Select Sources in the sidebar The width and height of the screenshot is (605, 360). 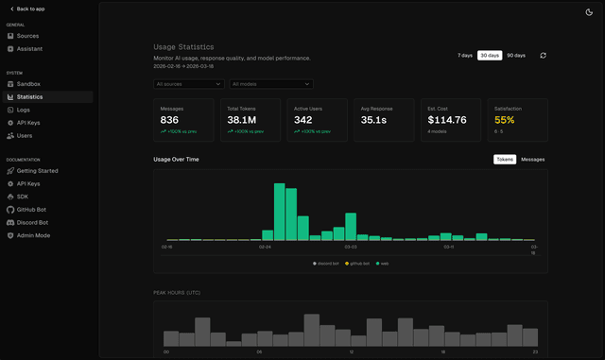pos(27,36)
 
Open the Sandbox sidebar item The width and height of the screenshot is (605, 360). pos(28,84)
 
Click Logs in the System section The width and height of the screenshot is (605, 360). pos(23,110)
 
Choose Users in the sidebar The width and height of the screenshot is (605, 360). pos(25,135)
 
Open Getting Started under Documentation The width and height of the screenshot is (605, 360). pos(37,171)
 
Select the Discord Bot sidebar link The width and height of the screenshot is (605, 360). pos(32,222)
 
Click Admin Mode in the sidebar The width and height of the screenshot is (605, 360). pos(33,234)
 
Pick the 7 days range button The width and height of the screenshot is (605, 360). pos(465,56)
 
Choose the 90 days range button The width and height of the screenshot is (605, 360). pos(516,56)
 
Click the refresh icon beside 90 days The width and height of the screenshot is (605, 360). pos(543,56)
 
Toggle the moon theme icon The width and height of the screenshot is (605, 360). pos(589,11)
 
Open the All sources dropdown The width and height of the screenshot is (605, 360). pos(189,84)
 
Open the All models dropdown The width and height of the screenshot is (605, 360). pos(272,84)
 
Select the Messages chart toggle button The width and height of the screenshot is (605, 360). pos(532,160)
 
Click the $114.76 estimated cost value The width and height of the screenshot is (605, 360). pos(447,120)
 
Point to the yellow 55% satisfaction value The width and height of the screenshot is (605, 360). pos(505,120)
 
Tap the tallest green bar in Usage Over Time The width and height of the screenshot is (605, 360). pos(280,212)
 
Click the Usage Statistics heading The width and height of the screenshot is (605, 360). pos(183,46)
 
